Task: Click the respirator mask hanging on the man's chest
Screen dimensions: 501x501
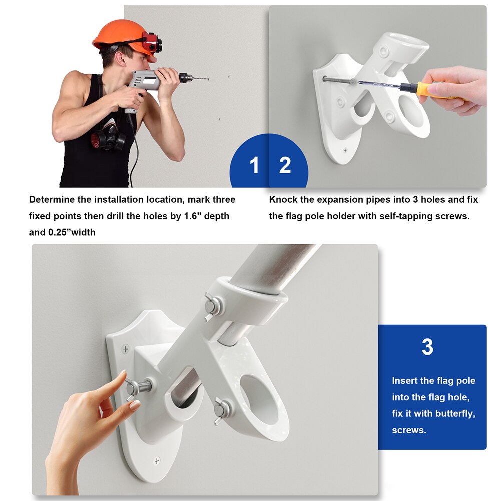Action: pyautogui.click(x=108, y=137)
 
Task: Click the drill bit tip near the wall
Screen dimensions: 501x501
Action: pyautogui.click(x=207, y=79)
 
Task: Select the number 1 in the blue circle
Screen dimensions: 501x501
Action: pyautogui.click(x=254, y=165)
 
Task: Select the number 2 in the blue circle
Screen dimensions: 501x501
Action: pyautogui.click(x=285, y=165)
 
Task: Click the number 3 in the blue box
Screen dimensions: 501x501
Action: pyautogui.click(x=427, y=347)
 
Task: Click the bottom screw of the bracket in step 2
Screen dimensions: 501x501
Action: pyautogui.click(x=345, y=150)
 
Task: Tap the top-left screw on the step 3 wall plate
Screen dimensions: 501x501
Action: pyautogui.click(x=125, y=347)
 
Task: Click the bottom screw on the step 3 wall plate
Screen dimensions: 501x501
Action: pyautogui.click(x=157, y=461)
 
